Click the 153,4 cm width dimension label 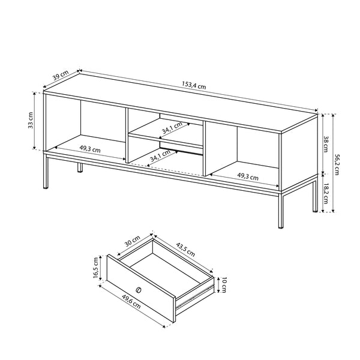tap(194, 85)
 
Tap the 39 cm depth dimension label tap(61, 75)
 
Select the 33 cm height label tap(31, 120)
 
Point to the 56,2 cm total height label tap(337, 164)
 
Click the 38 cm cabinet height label tap(326, 144)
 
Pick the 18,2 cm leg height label tap(326, 194)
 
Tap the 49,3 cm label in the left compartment tap(90, 149)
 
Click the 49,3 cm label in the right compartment tap(248, 176)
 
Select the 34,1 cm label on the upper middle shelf tap(172, 128)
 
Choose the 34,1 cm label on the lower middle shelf tap(160, 155)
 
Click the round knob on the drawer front tap(139, 290)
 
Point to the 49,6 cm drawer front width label tap(131, 302)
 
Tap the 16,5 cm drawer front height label tap(96, 268)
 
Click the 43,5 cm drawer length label tap(185, 250)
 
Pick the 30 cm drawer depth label tap(133, 241)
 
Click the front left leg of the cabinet tap(46, 172)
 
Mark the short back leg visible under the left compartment tap(80, 167)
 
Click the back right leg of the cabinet tap(315, 196)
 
